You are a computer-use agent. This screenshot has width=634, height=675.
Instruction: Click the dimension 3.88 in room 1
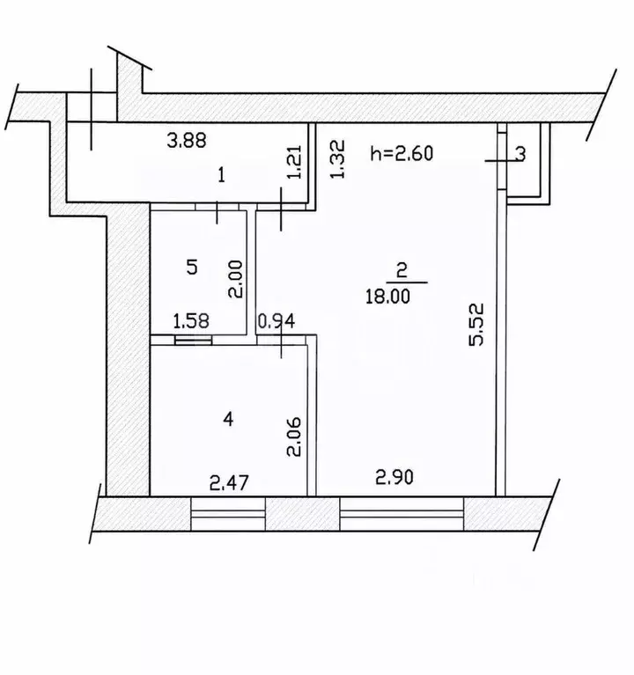pos(187,140)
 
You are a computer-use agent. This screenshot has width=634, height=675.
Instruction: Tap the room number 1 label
pos(221,176)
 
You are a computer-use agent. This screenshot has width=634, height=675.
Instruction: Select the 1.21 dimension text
pos(295,163)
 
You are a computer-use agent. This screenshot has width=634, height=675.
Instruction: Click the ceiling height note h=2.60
pos(402,153)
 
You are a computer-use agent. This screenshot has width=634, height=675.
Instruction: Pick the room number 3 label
pos(520,154)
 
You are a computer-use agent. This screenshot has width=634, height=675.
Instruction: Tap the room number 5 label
pos(192,268)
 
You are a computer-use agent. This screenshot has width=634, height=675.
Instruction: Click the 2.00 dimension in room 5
pos(236,279)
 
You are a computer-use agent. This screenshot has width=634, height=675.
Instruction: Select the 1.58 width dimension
pos(191,320)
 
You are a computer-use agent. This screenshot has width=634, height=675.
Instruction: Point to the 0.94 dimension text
pos(276,320)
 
